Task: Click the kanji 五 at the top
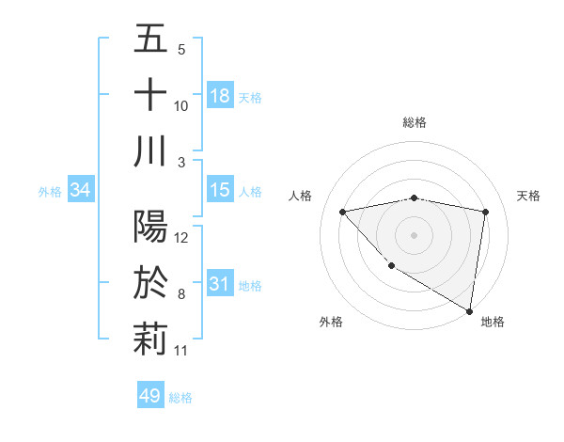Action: tap(150, 39)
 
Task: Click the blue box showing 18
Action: tap(220, 96)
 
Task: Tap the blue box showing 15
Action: tap(220, 190)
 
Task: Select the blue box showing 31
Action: tap(220, 284)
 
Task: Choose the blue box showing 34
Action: tap(81, 190)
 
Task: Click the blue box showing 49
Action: tap(150, 396)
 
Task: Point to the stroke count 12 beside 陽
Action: tap(181, 237)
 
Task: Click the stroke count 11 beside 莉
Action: tap(181, 351)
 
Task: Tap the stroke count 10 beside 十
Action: tap(181, 105)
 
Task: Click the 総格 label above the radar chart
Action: tap(415, 122)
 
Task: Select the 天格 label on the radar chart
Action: tap(528, 196)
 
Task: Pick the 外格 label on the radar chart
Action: tap(331, 322)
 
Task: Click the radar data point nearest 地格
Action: tap(469, 310)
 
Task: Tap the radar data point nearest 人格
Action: tap(343, 212)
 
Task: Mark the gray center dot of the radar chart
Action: tap(415, 234)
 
